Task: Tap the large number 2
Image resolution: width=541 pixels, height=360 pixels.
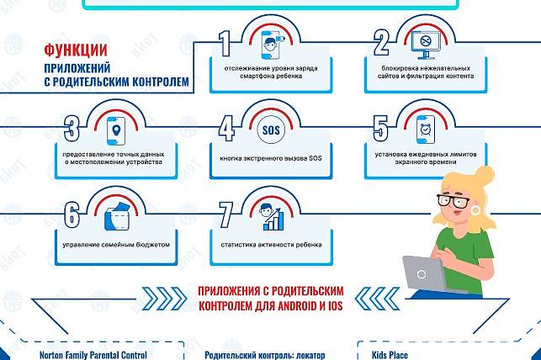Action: tap(381, 45)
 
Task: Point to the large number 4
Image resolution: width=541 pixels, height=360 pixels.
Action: tap(225, 130)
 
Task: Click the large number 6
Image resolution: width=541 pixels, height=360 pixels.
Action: tap(72, 215)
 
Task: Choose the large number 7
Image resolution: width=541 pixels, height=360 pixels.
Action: tap(225, 215)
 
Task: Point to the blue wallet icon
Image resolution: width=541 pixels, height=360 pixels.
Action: tap(116, 216)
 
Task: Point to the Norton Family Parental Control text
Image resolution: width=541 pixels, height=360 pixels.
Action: tap(99, 354)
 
